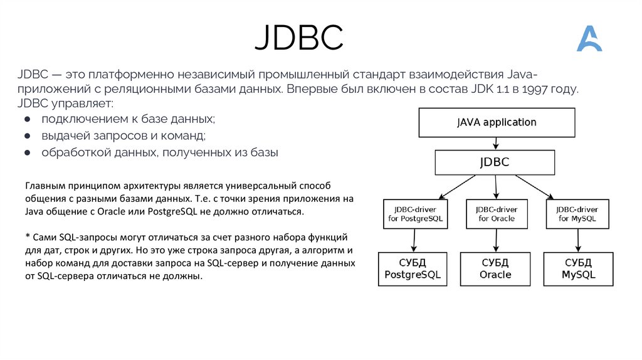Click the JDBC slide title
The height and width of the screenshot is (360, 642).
(x=299, y=37)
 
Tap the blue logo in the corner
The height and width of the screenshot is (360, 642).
(x=589, y=38)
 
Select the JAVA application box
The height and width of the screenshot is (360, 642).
(x=497, y=122)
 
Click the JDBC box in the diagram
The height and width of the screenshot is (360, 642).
(x=495, y=162)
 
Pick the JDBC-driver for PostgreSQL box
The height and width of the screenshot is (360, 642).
(x=415, y=214)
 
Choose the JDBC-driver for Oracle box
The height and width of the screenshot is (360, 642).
(x=497, y=214)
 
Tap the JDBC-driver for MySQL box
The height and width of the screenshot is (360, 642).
(x=577, y=214)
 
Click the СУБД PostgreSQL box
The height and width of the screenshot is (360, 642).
(x=413, y=268)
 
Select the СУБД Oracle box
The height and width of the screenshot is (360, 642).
(x=495, y=268)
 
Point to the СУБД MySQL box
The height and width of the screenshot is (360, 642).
(x=578, y=268)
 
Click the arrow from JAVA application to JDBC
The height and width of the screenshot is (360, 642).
(x=496, y=144)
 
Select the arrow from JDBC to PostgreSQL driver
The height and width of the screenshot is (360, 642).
(x=456, y=187)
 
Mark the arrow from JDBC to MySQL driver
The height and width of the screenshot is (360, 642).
(x=534, y=187)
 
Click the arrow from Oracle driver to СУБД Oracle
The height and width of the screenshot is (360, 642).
(x=497, y=240)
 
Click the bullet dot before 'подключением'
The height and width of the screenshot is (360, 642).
(x=28, y=119)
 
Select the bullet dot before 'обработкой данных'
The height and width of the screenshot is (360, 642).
(x=28, y=153)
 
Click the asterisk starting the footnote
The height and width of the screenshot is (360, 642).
(x=28, y=236)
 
